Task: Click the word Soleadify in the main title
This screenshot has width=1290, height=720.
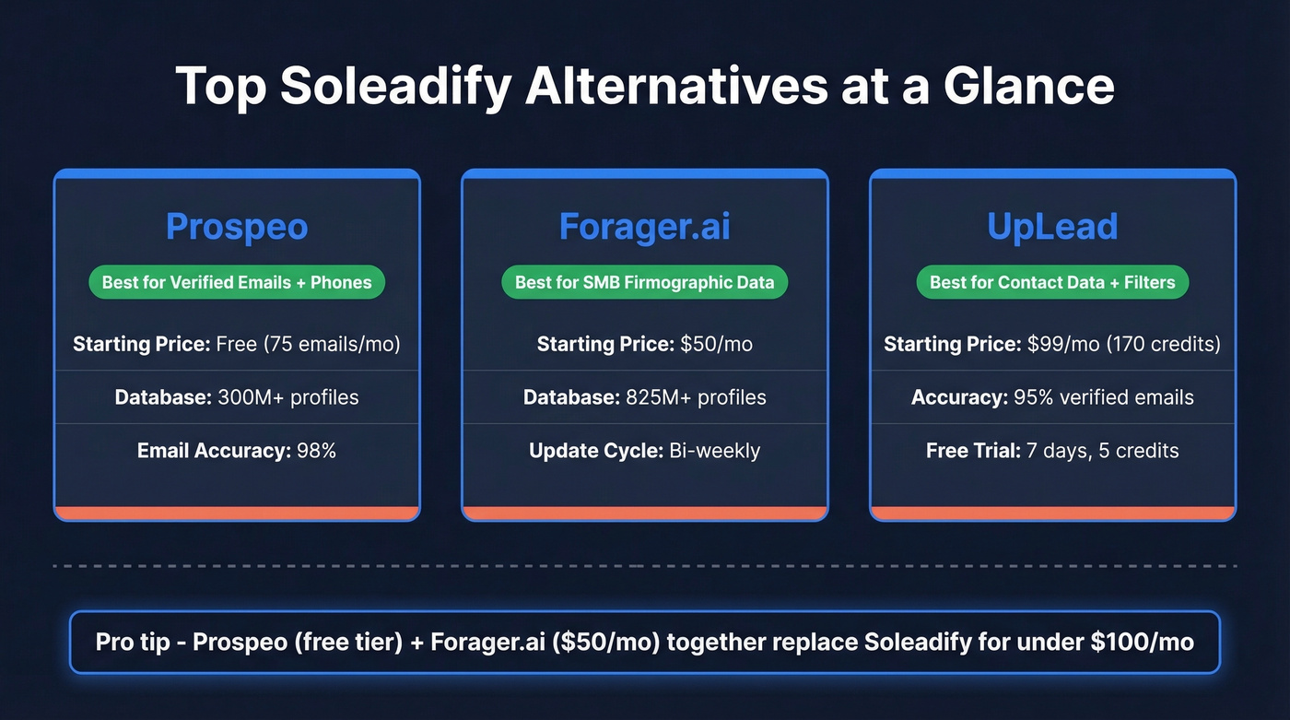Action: click(394, 86)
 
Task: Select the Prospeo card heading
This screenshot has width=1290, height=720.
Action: click(237, 227)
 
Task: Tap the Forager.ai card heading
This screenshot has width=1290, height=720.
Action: click(645, 227)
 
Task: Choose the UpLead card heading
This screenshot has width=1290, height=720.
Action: click(1052, 227)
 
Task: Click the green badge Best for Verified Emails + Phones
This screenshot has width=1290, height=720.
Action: click(237, 282)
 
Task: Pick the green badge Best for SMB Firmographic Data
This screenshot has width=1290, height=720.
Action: click(645, 282)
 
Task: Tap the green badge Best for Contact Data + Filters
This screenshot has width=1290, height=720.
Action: click(1052, 282)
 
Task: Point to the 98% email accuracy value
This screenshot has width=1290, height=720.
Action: click(316, 451)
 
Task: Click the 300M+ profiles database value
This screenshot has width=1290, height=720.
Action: click(288, 397)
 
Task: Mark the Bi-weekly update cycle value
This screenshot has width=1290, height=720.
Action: click(715, 451)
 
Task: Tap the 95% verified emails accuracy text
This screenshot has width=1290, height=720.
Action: click(1104, 397)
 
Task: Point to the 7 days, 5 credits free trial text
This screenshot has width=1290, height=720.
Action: click(1102, 451)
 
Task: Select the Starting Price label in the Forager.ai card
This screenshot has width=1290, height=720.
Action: click(605, 345)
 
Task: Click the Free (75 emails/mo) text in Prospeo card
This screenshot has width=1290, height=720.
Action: click(308, 345)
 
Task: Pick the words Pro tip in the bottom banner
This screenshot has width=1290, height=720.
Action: click(128, 642)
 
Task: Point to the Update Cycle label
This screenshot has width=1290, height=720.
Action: click(595, 451)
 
